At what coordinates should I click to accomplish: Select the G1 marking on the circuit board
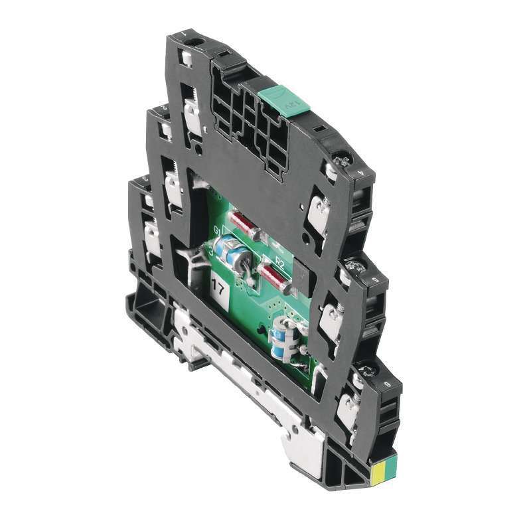[217, 232]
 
